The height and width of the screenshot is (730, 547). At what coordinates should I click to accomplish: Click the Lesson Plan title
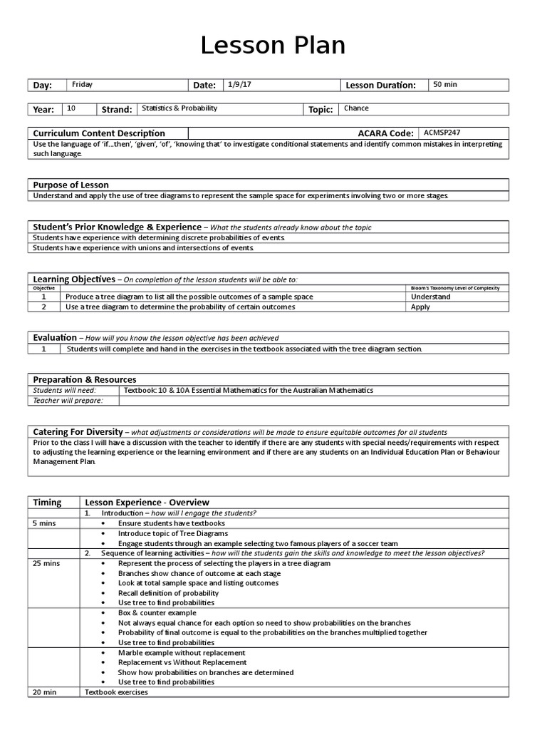click(273, 46)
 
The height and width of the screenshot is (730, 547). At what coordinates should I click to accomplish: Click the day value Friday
click(83, 85)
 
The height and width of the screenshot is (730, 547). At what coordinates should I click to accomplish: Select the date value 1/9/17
click(240, 85)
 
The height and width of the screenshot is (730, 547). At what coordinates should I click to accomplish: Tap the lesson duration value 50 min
click(445, 85)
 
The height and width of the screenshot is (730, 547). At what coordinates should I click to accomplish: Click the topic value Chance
click(356, 109)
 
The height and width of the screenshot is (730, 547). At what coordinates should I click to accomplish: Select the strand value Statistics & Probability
click(179, 109)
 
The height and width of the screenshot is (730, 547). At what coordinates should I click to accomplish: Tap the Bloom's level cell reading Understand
click(431, 297)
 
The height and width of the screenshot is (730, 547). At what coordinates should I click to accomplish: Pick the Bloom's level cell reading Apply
click(421, 307)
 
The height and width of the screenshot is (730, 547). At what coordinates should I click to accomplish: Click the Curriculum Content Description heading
click(99, 133)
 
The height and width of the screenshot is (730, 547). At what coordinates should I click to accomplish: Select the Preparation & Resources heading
click(85, 379)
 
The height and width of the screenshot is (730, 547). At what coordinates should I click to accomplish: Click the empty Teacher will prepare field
click(313, 401)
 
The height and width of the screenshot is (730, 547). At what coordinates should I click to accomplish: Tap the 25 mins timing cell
click(47, 563)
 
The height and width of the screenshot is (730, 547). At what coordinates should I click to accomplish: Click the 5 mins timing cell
click(45, 523)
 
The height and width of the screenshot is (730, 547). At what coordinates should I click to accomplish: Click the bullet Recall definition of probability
click(169, 593)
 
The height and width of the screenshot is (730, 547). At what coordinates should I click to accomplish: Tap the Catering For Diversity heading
click(79, 432)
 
